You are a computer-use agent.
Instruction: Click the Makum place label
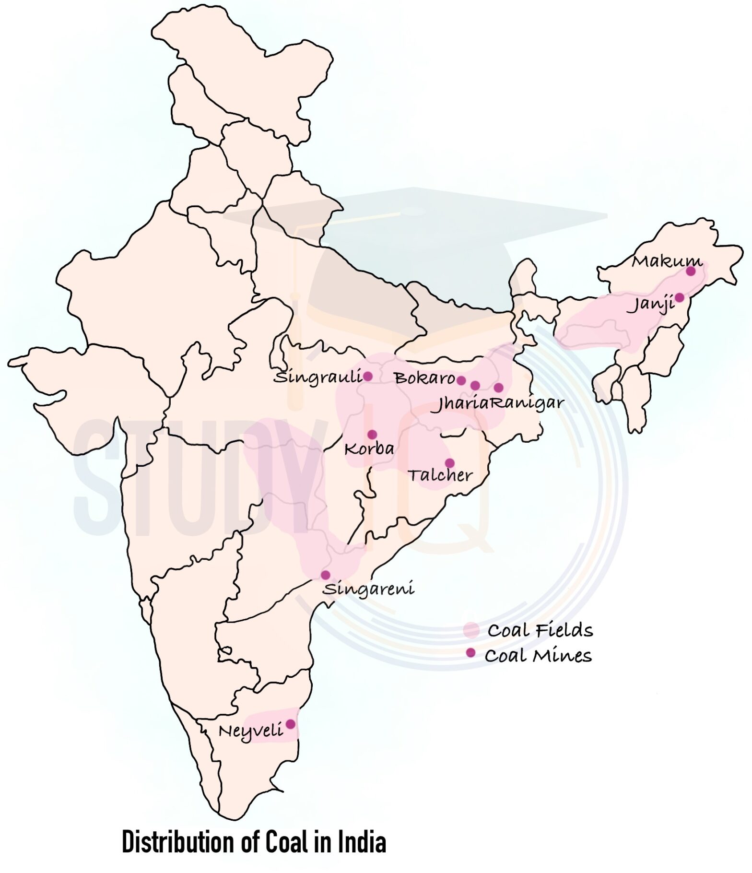point(666,261)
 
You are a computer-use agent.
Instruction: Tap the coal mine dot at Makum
point(691,271)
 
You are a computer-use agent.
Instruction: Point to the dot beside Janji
point(680,297)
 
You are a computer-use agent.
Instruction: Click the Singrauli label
point(317,378)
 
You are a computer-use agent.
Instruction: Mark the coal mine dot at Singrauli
point(368,377)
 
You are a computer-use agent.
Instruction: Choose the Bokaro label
point(424,378)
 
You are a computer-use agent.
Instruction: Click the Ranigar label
point(526,403)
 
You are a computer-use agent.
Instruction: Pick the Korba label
point(369,449)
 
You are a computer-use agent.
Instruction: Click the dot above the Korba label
point(372,435)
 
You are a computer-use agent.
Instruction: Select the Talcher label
point(440,475)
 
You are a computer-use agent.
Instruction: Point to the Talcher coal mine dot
point(450,463)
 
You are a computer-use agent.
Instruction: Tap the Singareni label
point(368,589)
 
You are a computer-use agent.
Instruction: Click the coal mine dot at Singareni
point(326,575)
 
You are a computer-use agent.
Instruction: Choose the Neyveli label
point(250,731)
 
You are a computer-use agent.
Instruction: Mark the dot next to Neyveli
point(290,724)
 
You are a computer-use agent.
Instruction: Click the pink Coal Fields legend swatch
point(471,630)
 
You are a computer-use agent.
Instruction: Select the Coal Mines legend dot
point(471,653)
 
